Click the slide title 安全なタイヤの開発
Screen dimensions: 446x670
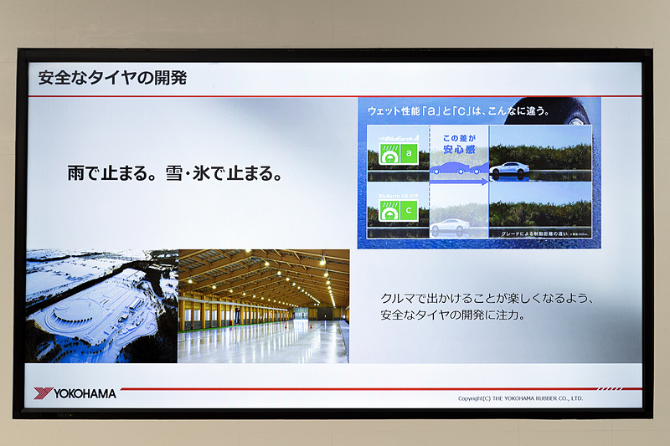coord(111,79)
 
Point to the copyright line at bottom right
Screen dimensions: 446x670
coord(520,398)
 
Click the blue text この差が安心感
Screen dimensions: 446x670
coord(458,145)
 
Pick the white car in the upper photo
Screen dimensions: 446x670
coord(509,169)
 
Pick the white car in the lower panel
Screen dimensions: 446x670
coord(450,226)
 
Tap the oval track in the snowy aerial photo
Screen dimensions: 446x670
coord(80,315)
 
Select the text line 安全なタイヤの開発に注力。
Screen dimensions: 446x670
coord(452,316)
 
